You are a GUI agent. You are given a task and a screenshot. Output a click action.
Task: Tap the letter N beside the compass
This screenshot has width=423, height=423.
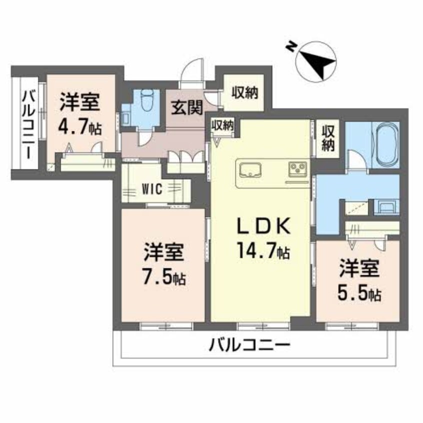pyautogui.click(x=289, y=46)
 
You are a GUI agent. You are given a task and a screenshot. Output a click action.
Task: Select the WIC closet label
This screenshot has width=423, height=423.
pyautogui.click(x=150, y=189)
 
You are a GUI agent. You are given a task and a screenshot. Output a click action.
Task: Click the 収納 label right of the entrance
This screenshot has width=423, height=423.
pyautogui.click(x=244, y=92)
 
